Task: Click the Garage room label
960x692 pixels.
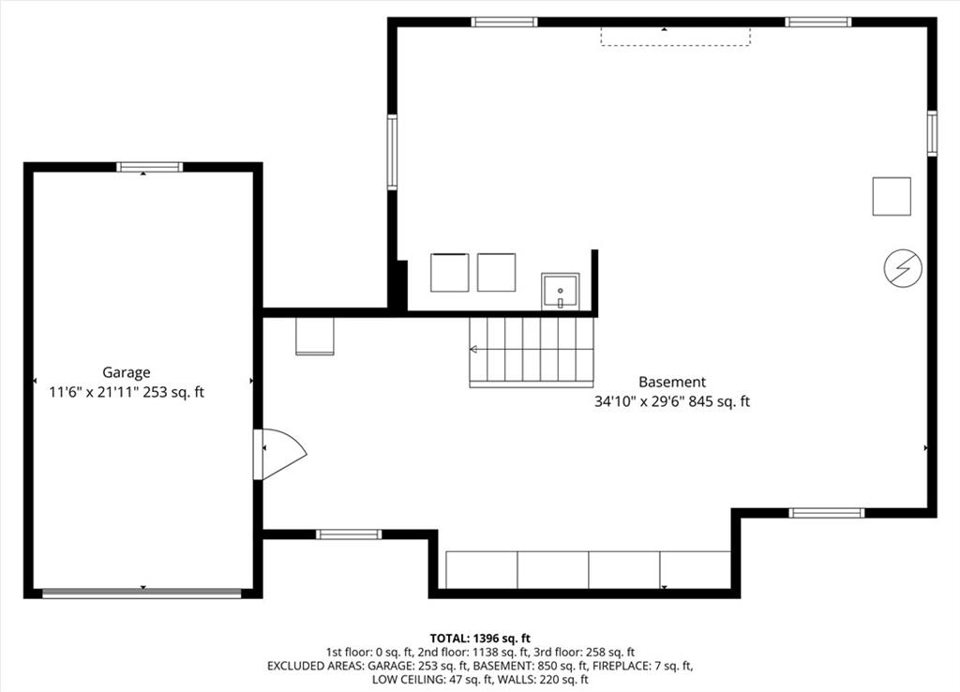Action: (x=127, y=372)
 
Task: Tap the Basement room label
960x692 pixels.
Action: (x=672, y=383)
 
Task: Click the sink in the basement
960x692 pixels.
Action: (x=561, y=292)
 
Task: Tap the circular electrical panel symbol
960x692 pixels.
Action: (x=903, y=268)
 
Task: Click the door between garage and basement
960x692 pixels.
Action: (x=279, y=454)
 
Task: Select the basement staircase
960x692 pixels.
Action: (x=532, y=352)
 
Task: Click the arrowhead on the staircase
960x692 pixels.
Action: (x=473, y=350)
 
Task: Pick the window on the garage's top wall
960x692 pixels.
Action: (x=149, y=167)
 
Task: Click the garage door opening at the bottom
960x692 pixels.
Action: (x=142, y=593)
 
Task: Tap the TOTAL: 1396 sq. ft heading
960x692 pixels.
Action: (x=480, y=639)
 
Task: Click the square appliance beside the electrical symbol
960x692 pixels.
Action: (x=892, y=196)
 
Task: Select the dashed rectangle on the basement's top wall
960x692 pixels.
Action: (x=675, y=37)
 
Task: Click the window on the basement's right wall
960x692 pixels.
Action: (x=932, y=133)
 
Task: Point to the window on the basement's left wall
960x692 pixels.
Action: (x=392, y=152)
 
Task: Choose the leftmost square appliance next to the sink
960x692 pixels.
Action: (x=449, y=272)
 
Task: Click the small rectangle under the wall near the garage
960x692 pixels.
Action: (x=315, y=336)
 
